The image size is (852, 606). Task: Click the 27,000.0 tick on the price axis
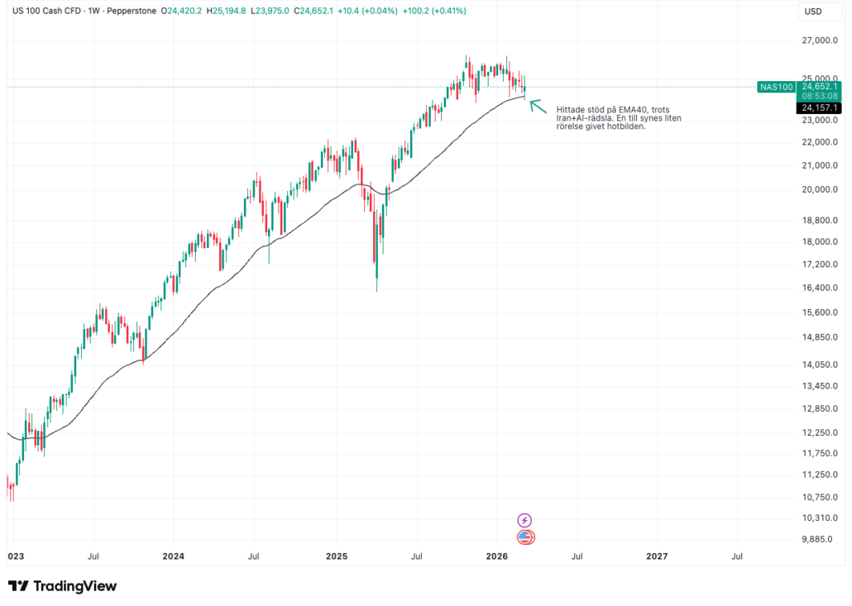821,41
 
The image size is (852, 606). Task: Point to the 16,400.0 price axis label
821,288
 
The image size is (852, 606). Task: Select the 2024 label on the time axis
173,556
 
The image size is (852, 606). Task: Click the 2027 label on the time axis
656,556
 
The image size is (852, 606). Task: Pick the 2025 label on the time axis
335,556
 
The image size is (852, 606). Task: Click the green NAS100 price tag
776,87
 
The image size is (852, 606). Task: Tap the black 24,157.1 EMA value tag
819,108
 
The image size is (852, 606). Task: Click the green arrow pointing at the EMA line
538,106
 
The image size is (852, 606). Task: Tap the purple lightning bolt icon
524,520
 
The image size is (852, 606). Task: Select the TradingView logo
63,586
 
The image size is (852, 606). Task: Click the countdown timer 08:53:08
819,96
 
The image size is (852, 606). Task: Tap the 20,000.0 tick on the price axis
821,189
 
